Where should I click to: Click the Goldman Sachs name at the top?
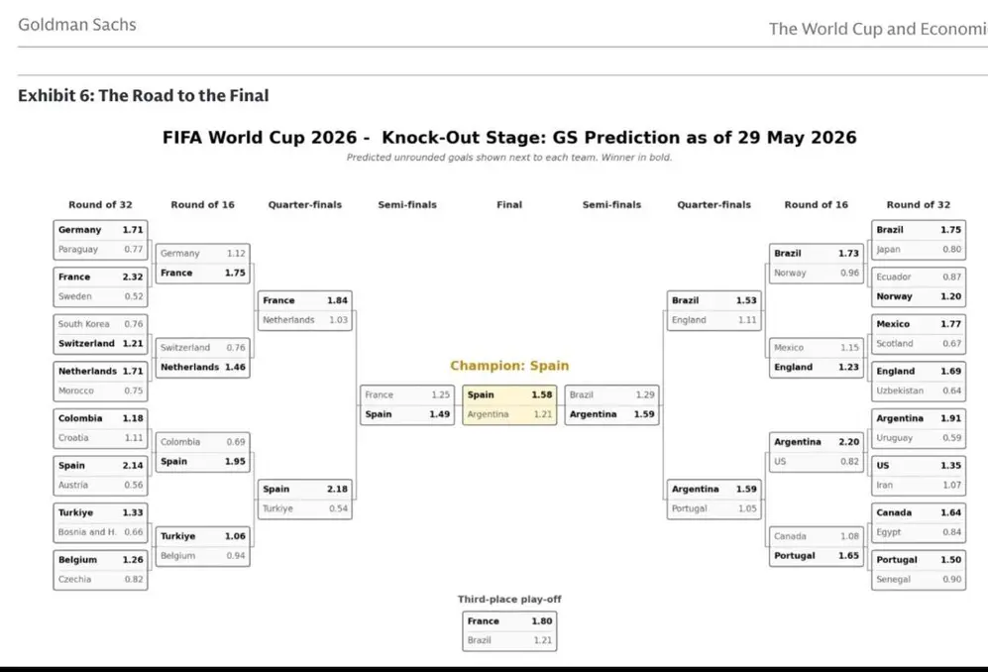(77, 25)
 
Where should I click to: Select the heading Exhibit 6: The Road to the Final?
(143, 95)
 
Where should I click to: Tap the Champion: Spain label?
(509, 366)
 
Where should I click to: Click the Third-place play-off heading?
(509, 599)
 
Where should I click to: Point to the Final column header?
(509, 205)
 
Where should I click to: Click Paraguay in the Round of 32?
(78, 249)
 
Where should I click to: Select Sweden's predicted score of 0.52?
(134, 296)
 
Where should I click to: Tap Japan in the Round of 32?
(888, 250)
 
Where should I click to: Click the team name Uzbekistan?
(899, 391)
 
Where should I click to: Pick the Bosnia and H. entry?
(87, 532)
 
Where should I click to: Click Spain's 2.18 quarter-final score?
(337, 490)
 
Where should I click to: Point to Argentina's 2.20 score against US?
(848, 442)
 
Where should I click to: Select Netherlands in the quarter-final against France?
(288, 320)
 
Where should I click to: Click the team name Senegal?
(893, 580)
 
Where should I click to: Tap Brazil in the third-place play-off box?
(479, 640)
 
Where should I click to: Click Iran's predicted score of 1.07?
(951, 486)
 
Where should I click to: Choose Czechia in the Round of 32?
(74, 580)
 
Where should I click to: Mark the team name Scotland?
(894, 344)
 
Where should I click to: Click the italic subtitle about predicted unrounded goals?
(509, 157)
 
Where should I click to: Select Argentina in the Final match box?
(488, 414)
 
